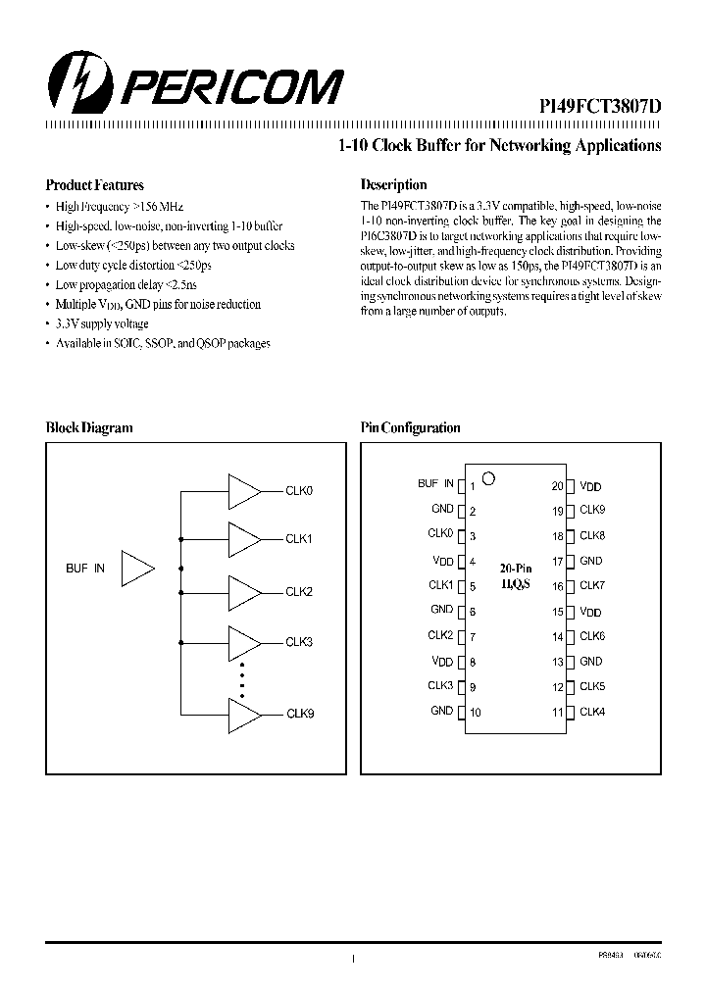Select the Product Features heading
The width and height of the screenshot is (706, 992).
[x=95, y=185]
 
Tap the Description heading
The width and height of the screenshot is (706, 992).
[x=393, y=184]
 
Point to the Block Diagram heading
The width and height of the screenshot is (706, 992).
[x=89, y=427]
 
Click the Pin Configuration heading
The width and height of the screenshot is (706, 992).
[x=410, y=427]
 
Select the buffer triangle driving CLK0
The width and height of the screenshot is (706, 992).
[x=243, y=491]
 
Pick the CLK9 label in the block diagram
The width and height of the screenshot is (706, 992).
[x=299, y=714]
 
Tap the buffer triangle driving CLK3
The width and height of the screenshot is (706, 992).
[x=243, y=642]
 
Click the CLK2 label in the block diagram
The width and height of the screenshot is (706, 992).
[x=299, y=592]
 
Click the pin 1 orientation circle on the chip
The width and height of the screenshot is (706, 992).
[x=489, y=478]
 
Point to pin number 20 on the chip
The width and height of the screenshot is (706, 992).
[x=557, y=486]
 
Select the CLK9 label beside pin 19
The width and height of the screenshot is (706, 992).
[x=592, y=510]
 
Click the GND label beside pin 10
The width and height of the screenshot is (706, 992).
[x=441, y=711]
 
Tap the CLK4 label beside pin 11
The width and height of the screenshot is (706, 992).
[x=592, y=712]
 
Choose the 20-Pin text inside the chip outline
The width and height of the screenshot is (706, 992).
[x=516, y=568]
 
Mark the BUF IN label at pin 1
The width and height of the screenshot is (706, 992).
[x=435, y=483]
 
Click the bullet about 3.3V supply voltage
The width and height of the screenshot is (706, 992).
[x=102, y=323]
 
